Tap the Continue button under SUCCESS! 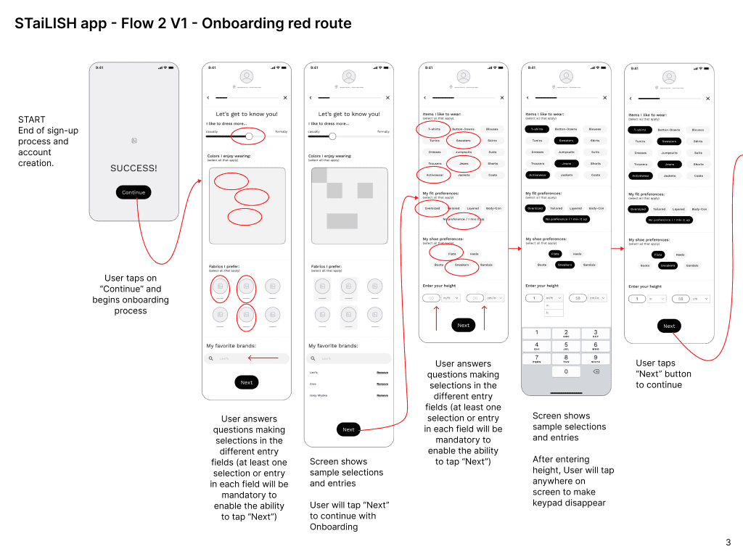coord(134,192)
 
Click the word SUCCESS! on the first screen coord(134,168)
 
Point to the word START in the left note coord(31,120)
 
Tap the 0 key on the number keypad coord(566,371)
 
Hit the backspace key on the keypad coord(596,371)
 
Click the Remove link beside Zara coord(382,384)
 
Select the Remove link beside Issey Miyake coord(382,395)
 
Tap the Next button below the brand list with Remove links coord(348,429)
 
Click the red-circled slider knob coord(250,136)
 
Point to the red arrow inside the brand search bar coord(263,358)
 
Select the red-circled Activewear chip coord(435,175)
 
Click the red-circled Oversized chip coord(432,208)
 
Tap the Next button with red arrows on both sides coord(464,325)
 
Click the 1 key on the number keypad coord(536,333)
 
